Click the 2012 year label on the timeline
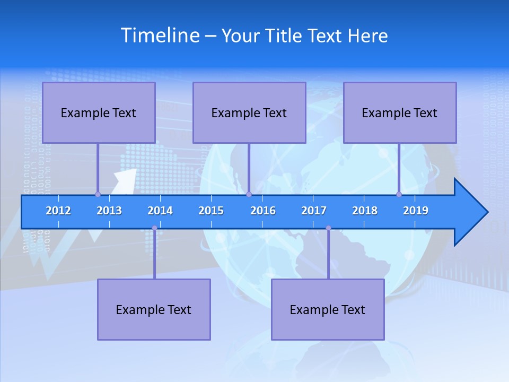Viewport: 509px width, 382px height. click(x=58, y=211)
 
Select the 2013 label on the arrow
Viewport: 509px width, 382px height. click(x=109, y=211)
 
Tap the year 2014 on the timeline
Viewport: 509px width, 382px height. click(x=160, y=211)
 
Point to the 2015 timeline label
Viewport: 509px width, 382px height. click(x=211, y=211)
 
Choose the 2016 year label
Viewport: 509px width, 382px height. click(x=263, y=211)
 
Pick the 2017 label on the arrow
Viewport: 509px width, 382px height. click(x=314, y=211)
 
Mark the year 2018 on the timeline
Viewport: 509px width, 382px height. click(x=365, y=211)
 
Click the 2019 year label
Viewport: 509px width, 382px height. click(x=416, y=211)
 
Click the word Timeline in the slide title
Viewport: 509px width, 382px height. click(x=159, y=36)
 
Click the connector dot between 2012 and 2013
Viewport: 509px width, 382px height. click(x=98, y=194)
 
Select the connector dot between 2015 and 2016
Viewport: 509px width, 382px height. click(x=249, y=194)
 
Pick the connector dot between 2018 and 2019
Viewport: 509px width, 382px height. click(x=399, y=194)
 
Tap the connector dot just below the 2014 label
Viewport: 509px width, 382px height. click(x=154, y=228)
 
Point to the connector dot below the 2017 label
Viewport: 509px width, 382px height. click(x=328, y=228)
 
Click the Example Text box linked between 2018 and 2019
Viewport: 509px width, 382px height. click(x=400, y=112)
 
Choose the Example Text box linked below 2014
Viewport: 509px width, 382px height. click(x=154, y=309)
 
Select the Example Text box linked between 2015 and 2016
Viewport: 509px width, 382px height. click(x=249, y=112)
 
